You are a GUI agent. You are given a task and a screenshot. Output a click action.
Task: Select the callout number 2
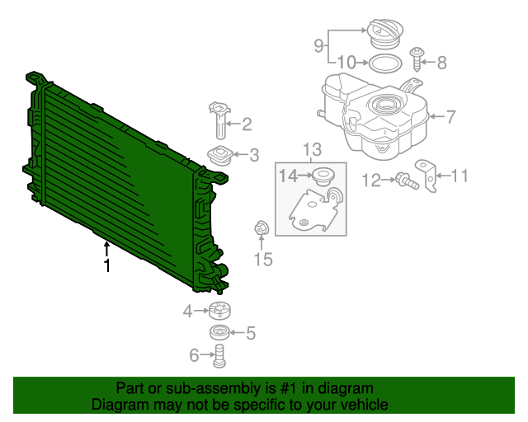246,125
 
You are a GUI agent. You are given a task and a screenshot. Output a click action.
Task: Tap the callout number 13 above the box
311,149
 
